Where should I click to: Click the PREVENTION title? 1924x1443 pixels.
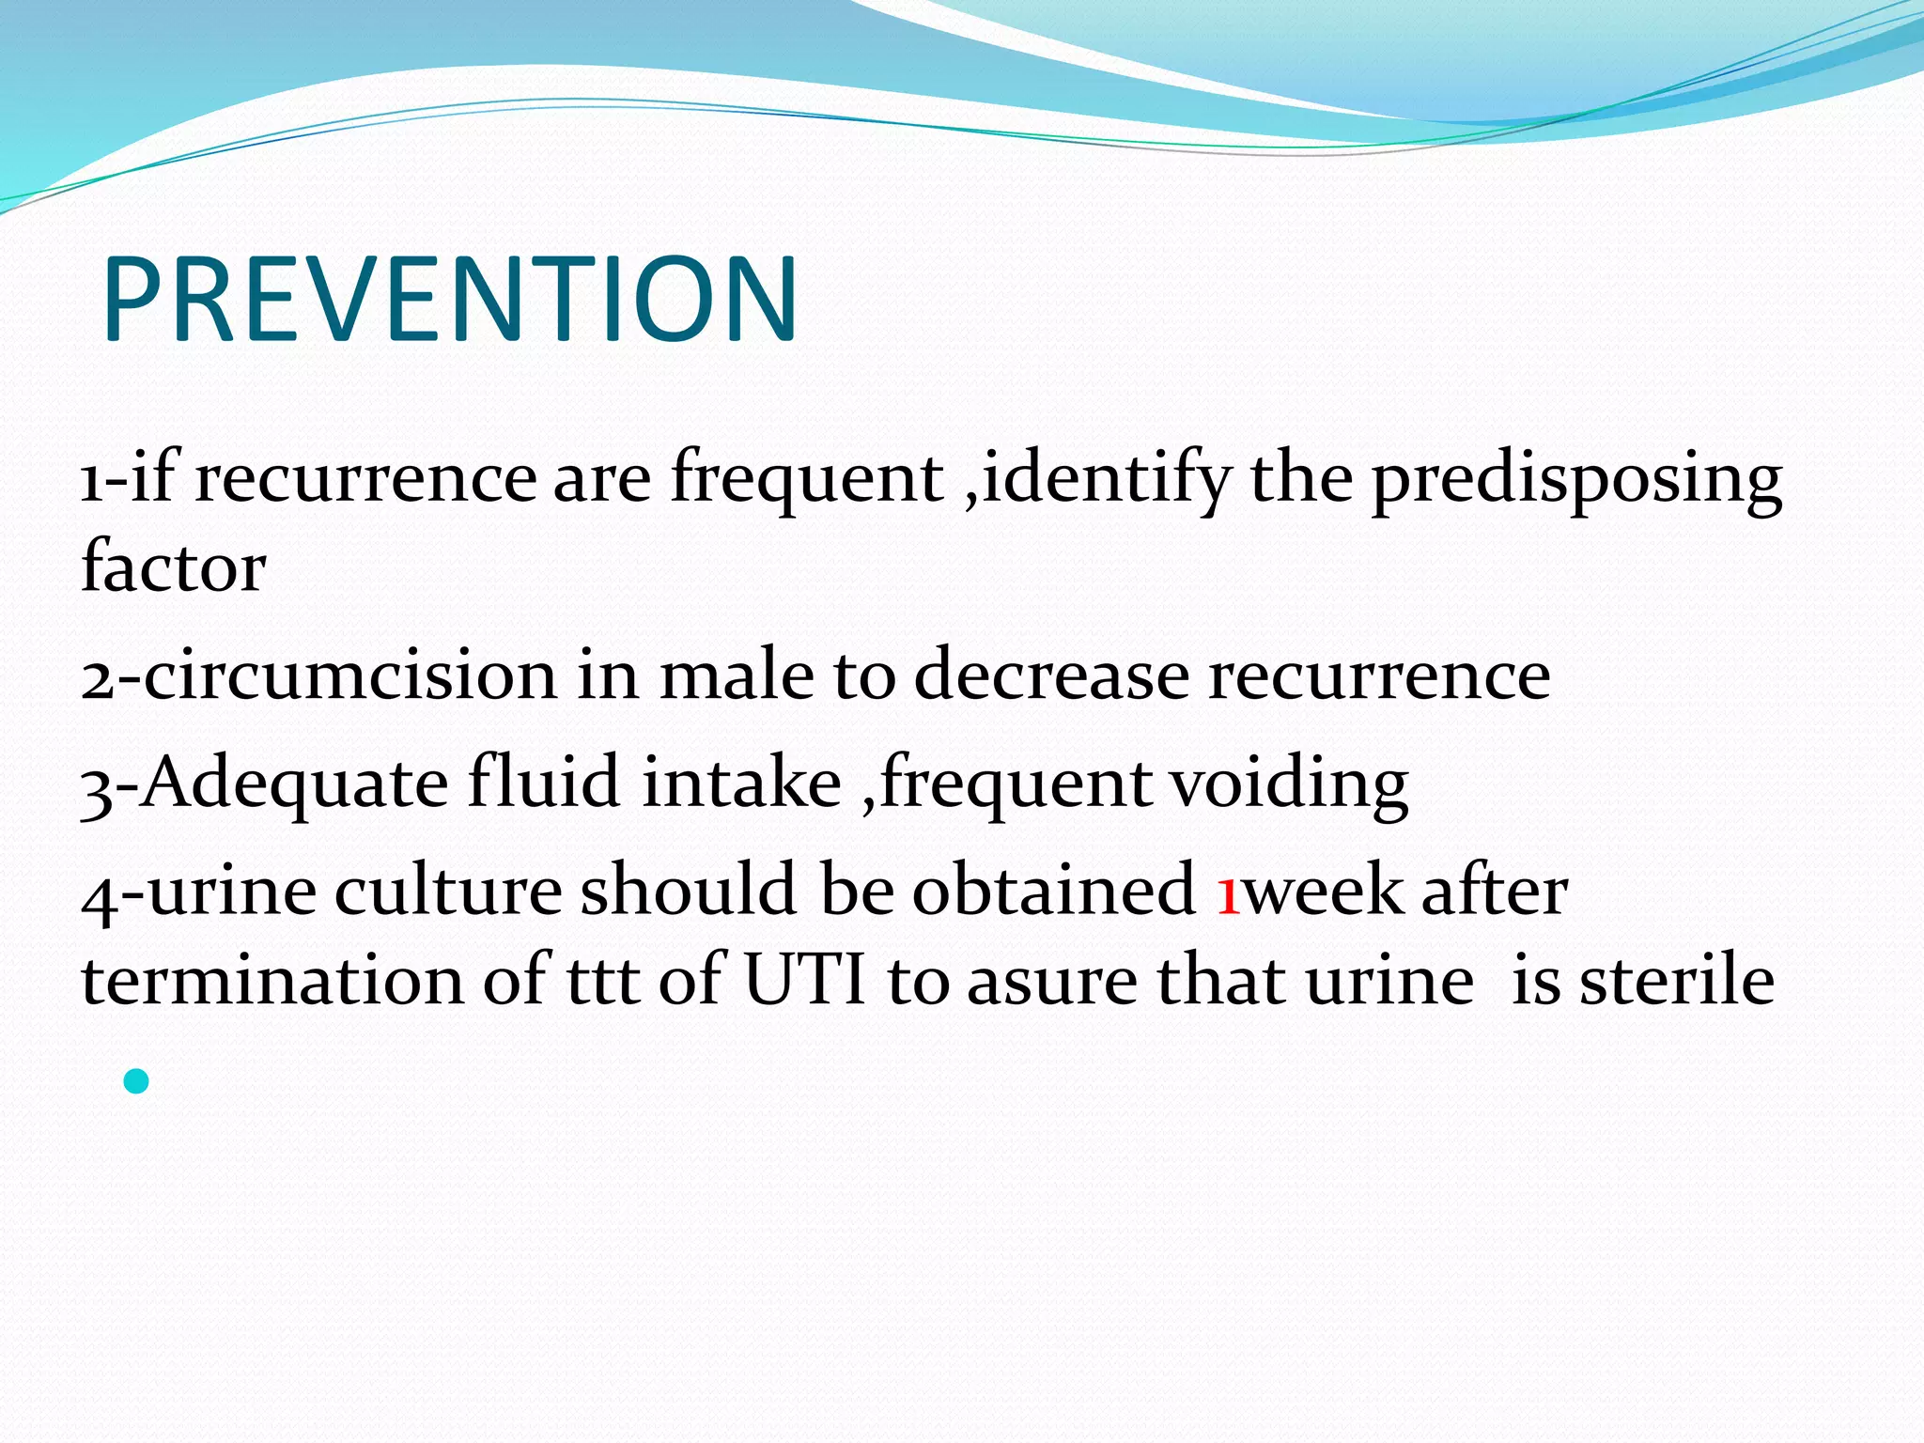449,301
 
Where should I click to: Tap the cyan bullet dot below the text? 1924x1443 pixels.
136,1081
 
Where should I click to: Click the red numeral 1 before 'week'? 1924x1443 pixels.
1228,892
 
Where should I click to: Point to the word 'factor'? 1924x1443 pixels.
174,567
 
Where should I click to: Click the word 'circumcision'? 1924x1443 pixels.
350,676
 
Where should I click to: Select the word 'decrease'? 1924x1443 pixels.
1051,676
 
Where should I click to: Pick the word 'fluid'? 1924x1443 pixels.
544,782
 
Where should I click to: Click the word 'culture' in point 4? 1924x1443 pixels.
448,891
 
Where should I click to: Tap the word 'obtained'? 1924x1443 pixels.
1053,891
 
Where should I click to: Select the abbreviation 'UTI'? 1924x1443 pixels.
804,981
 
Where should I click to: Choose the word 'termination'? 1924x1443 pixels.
272,981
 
